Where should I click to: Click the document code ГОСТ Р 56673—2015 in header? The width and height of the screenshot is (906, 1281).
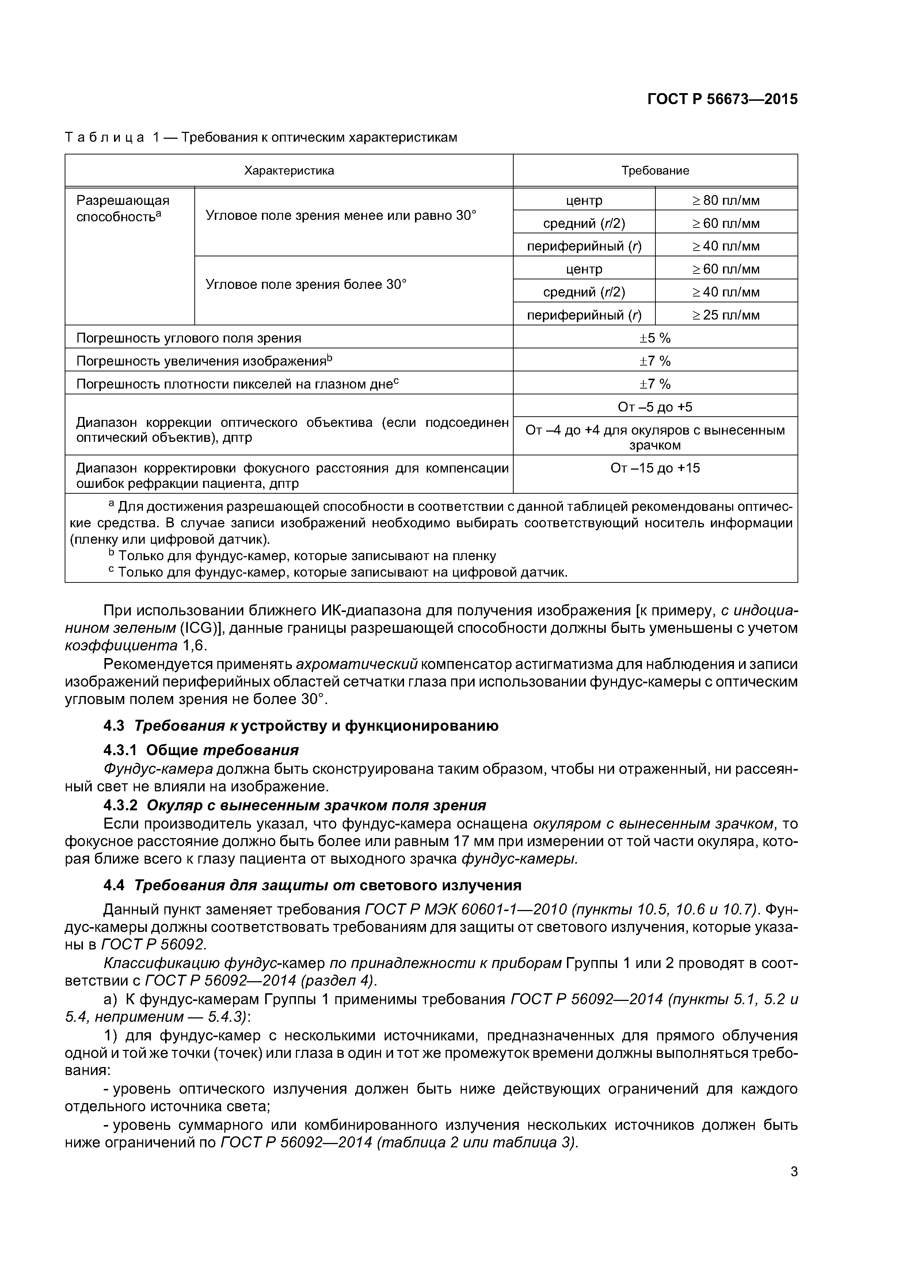tap(722, 99)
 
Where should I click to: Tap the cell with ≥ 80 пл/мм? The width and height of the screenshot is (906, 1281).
tap(726, 200)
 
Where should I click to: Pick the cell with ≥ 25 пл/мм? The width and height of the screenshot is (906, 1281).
tap(726, 315)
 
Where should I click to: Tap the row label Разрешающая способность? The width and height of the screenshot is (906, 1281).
tap(122, 208)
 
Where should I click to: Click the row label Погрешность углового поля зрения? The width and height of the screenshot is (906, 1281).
tap(189, 338)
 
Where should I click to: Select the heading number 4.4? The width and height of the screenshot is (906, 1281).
tap(115, 886)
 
